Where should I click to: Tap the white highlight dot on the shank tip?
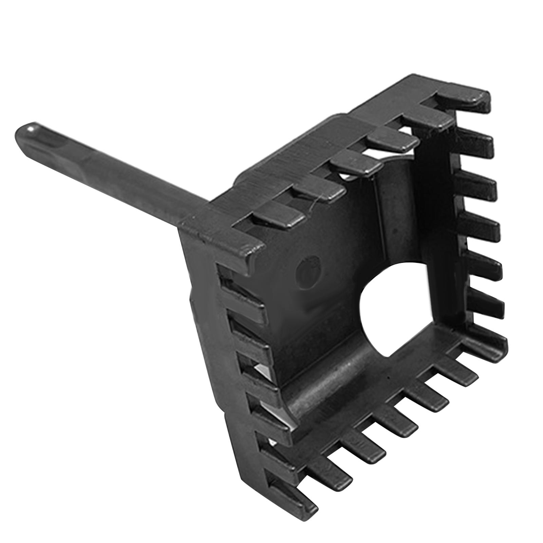(x=32, y=129)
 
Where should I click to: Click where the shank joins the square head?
(x=190, y=221)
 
